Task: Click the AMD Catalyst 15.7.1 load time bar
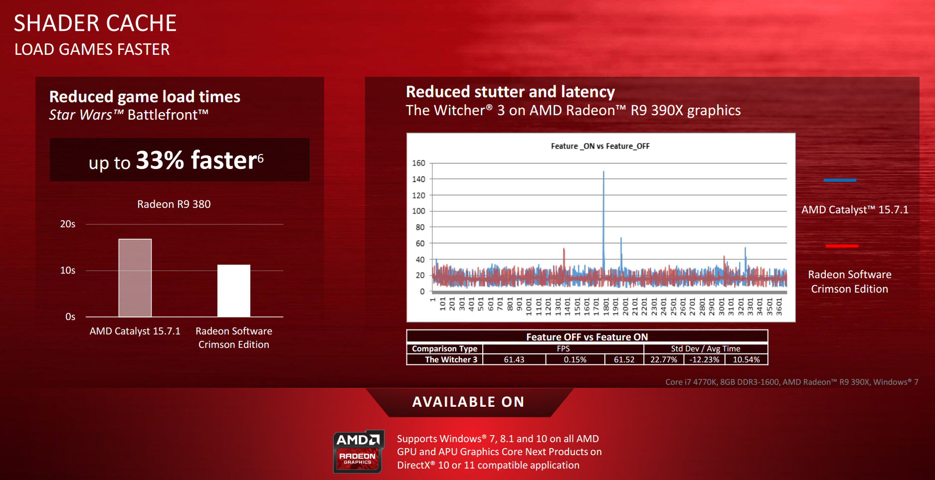(x=135, y=278)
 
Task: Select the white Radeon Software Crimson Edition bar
(x=234, y=291)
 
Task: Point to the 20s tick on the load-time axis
(x=68, y=224)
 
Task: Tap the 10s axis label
(x=68, y=271)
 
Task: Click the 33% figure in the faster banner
(x=160, y=160)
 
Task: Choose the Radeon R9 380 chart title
(x=174, y=204)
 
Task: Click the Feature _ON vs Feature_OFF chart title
(x=600, y=146)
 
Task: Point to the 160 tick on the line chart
(x=418, y=163)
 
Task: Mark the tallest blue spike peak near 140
(x=603, y=172)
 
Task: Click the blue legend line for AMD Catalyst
(x=840, y=180)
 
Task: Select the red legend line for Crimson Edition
(x=842, y=246)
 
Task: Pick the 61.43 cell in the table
(x=514, y=359)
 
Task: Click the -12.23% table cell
(x=705, y=359)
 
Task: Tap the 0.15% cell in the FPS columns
(x=575, y=359)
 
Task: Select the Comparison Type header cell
(x=445, y=349)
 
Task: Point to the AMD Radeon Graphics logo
(x=358, y=451)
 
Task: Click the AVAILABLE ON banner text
(x=468, y=402)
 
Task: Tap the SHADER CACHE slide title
(x=95, y=23)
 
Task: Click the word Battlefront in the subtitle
(x=168, y=115)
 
